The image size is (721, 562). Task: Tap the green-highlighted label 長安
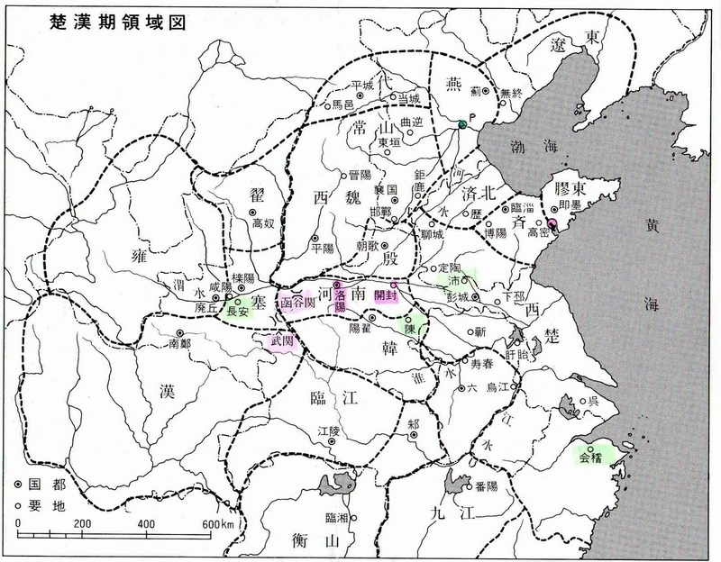[239, 312]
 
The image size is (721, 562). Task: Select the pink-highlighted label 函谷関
[297, 303]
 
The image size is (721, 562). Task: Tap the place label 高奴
[262, 223]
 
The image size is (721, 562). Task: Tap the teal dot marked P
[461, 123]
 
